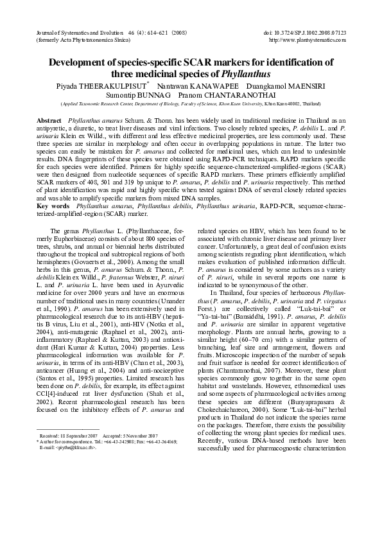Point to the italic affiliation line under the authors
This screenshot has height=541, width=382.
tap(191, 103)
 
